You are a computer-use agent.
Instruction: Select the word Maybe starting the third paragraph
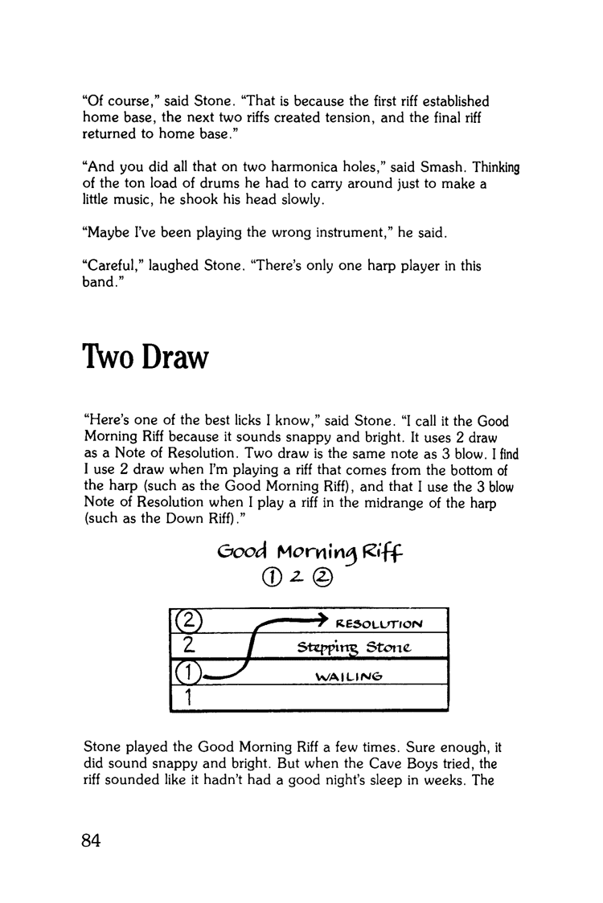pos(103,233)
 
